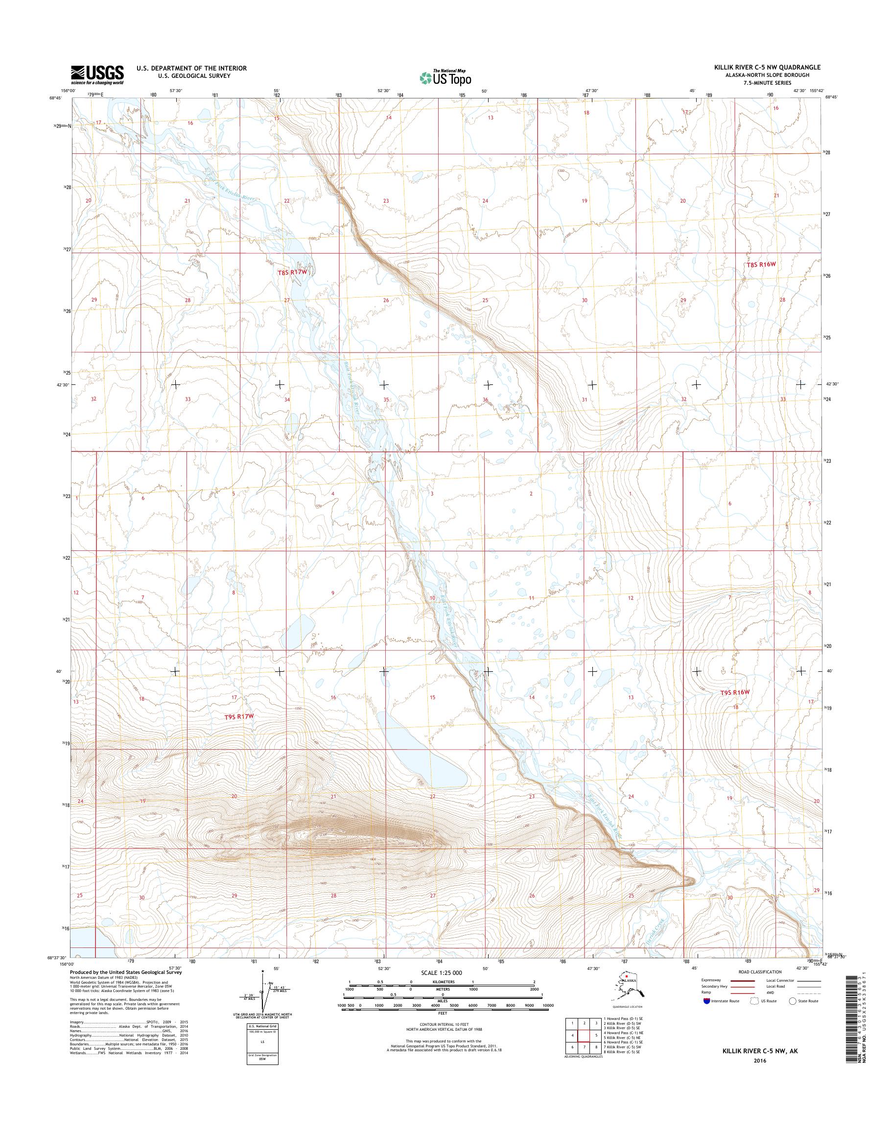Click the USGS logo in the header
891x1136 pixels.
coord(97,74)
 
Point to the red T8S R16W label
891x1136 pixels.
coord(762,264)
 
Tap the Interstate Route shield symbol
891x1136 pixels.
coord(707,1001)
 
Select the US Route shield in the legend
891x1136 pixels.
coord(750,1001)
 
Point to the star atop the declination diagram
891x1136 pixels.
coord(264,971)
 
